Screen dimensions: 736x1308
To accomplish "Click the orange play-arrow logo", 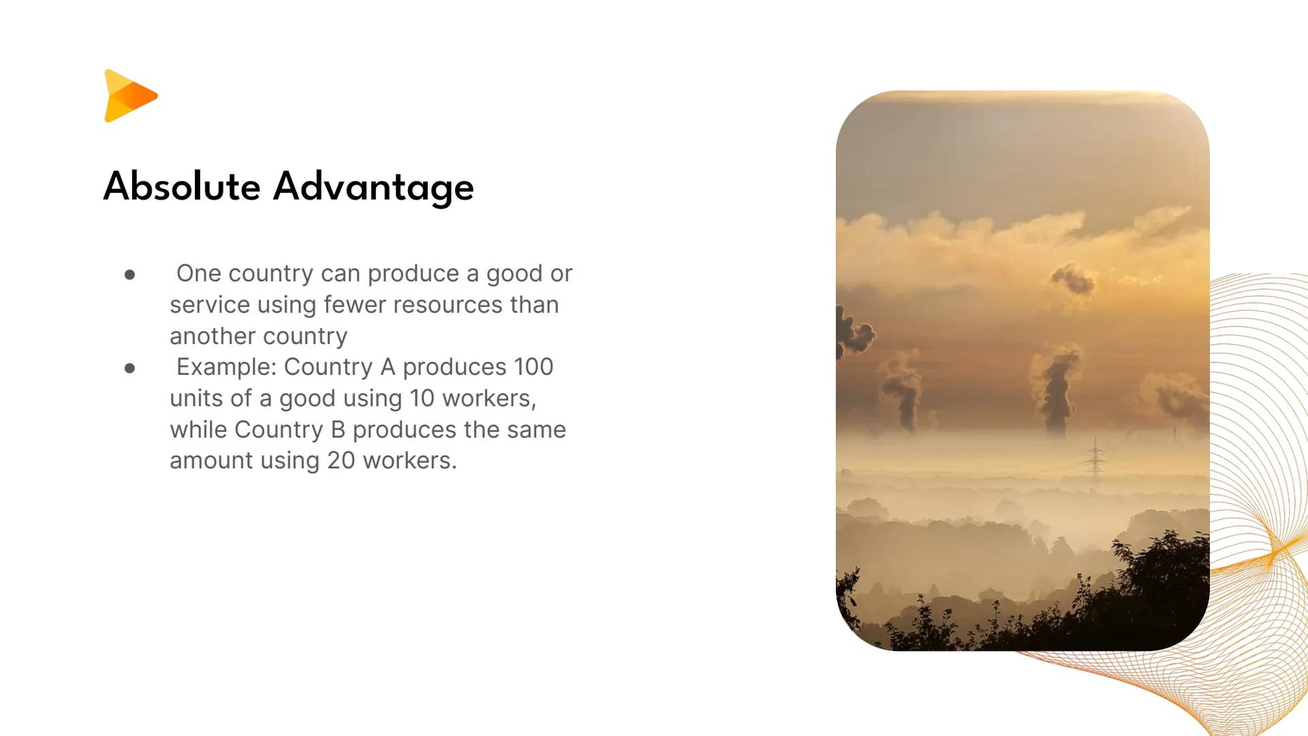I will click(129, 96).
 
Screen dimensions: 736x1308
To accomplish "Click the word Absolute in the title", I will click(181, 187).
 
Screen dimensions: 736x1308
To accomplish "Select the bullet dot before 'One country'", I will click(130, 275).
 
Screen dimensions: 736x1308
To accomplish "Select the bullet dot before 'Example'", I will click(130, 368).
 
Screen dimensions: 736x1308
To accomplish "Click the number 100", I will click(533, 367).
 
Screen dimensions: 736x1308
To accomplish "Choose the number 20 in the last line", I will click(341, 461).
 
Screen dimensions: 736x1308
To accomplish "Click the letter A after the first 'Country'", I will click(388, 367).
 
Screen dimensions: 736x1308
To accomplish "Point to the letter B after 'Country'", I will click(338, 430).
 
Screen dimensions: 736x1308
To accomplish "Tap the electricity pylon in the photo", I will click(1095, 463).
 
